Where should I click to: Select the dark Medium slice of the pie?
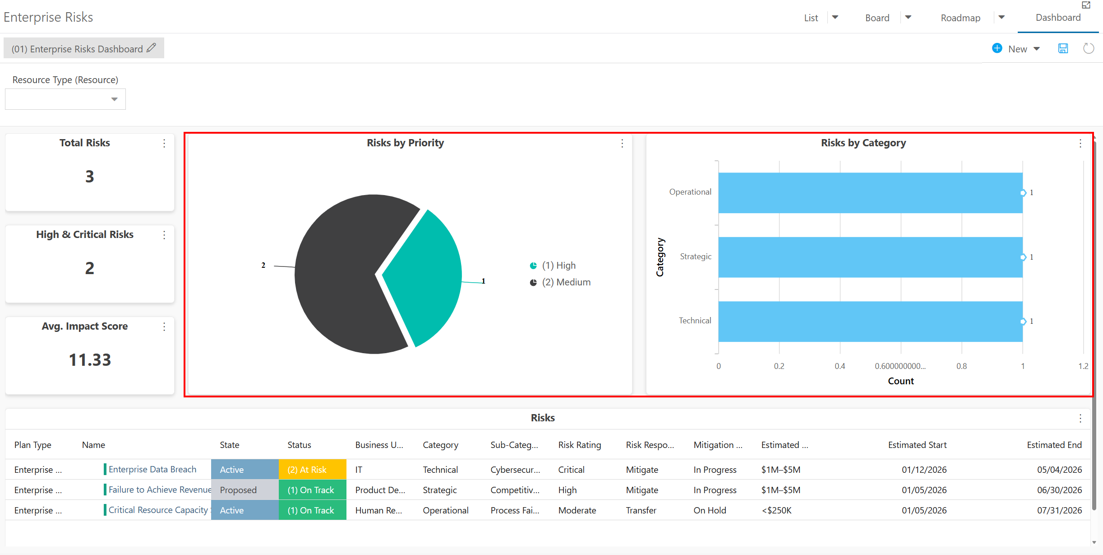(343, 275)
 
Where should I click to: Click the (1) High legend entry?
(553, 266)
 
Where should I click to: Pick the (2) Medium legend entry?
(560, 282)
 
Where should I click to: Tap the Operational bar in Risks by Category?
(870, 193)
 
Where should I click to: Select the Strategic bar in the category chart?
(870, 257)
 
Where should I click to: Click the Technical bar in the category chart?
(870, 322)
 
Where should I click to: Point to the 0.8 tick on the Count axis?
(961, 366)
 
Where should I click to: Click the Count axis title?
(901, 381)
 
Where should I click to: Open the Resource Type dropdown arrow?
(115, 99)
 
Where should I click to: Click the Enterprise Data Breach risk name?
(152, 470)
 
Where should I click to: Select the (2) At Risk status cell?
(312, 470)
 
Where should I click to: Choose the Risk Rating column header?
(580, 445)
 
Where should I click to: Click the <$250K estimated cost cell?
(776, 510)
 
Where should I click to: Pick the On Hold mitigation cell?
(710, 510)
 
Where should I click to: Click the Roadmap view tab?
(960, 18)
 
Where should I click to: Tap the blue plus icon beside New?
(997, 48)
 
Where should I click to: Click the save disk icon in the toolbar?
(1063, 48)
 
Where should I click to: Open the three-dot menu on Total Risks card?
(164, 143)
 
